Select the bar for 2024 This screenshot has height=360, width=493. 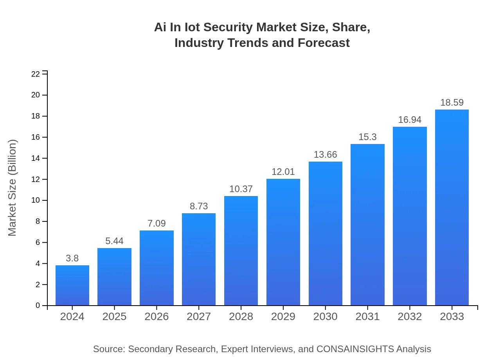click(x=72, y=285)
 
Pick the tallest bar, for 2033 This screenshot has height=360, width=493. click(x=452, y=207)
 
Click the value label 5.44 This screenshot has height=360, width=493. click(x=114, y=241)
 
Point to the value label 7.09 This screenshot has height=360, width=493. click(x=157, y=223)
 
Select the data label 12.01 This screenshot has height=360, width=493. click(x=283, y=172)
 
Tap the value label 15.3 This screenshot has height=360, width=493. click(x=367, y=137)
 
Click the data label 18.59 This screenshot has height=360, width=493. click(x=452, y=103)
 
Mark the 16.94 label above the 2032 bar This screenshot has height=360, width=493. click(x=410, y=120)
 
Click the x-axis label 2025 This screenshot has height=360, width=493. click(x=114, y=317)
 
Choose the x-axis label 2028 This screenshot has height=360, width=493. click(x=241, y=317)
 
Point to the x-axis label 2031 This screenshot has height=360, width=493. click(x=367, y=317)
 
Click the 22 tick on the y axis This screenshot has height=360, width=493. click(x=36, y=74)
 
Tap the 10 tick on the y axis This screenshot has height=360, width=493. click(x=36, y=200)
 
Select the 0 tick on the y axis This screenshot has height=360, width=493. click(x=38, y=306)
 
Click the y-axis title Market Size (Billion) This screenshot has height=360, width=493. click(x=13, y=188)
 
